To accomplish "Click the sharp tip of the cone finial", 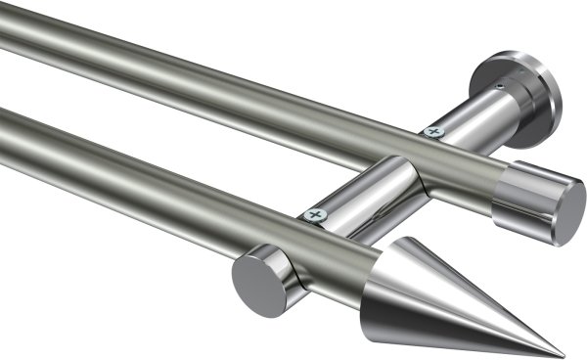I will point(563,353).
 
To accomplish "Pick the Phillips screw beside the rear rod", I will point(433,131).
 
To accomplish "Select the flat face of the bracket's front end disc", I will point(256,285).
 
